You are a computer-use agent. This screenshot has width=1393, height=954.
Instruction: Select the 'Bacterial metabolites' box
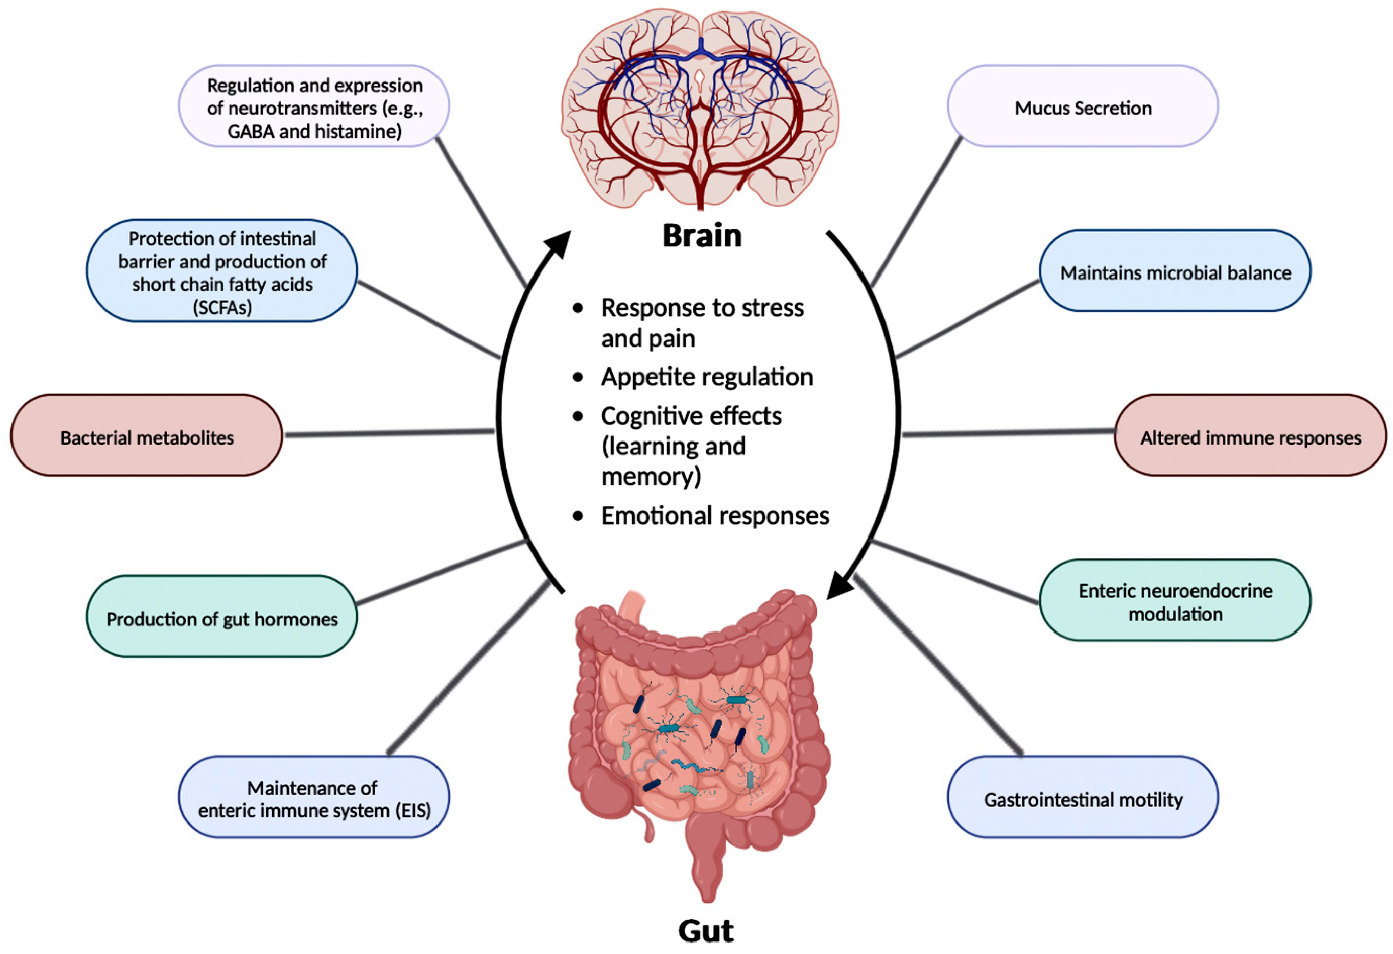point(146,436)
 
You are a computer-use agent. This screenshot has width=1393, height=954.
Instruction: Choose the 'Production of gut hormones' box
point(222,617)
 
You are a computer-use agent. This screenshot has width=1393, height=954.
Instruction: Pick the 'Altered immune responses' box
point(1250,436)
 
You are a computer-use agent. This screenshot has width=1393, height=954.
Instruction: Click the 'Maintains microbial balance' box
point(1175,271)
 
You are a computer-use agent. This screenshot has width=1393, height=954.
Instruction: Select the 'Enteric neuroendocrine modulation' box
point(1175,601)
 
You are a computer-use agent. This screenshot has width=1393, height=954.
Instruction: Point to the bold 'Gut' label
point(706,931)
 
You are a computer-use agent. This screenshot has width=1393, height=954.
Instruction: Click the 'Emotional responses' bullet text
point(714,515)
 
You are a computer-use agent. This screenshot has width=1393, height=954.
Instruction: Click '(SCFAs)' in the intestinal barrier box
point(222,307)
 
